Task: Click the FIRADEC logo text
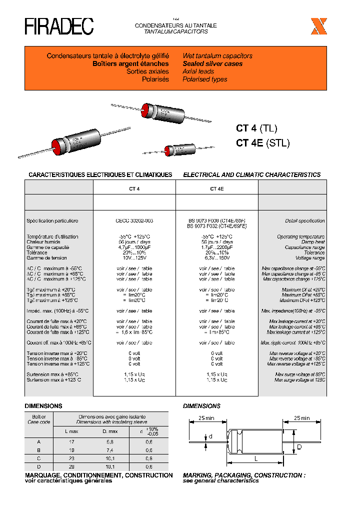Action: pos(59,27)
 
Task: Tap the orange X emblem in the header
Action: pos(318,26)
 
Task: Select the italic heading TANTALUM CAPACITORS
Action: pos(175,31)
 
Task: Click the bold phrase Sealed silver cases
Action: pos(212,64)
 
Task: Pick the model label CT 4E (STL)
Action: pos(262,143)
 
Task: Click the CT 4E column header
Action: pos(216,189)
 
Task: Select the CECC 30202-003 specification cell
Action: pos(134,220)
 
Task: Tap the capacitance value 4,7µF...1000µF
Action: pos(134,247)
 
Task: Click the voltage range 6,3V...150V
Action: pos(216,258)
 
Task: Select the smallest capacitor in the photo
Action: pos(175,150)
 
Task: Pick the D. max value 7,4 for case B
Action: pos(110,449)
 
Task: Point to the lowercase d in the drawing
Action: pos(210,436)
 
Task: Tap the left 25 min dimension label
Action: pos(206,418)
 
